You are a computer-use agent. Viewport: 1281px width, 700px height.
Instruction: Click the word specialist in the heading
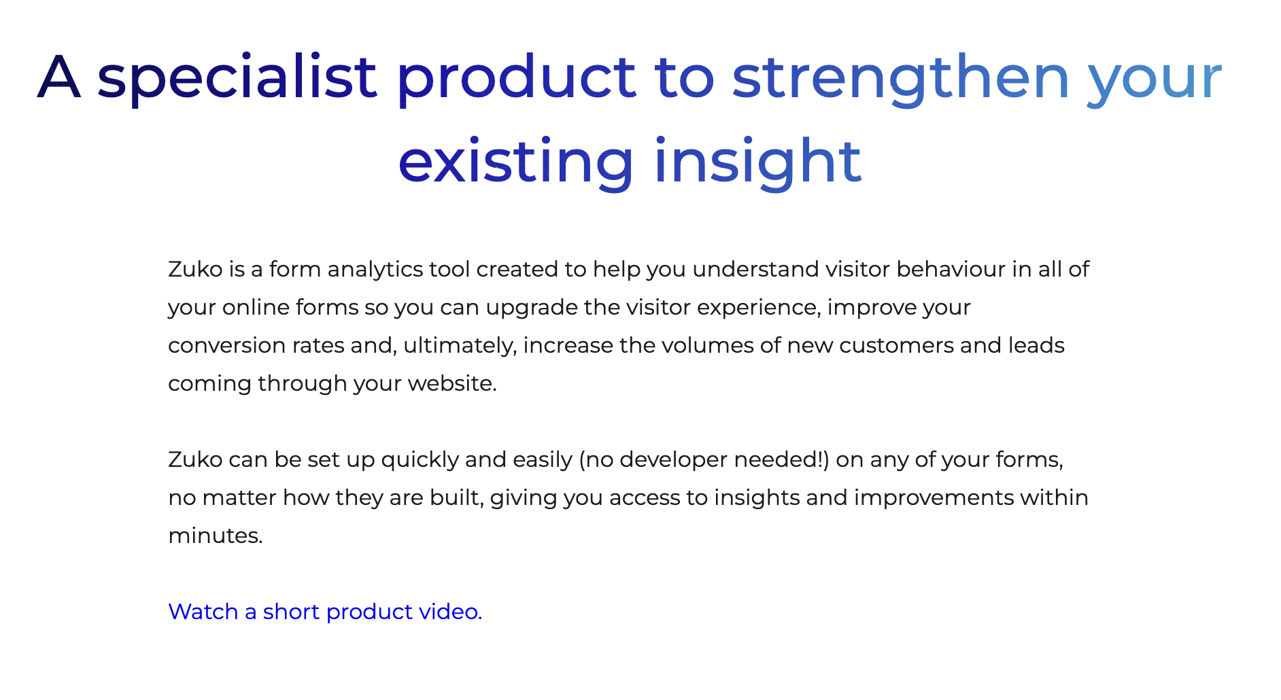(237, 77)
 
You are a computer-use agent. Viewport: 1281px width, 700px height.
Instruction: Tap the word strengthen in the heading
(901, 77)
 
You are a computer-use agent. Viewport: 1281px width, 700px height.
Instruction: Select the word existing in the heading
(515, 162)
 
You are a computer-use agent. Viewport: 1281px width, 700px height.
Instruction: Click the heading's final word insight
(757, 162)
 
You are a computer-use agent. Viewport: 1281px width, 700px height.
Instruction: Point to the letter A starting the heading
(58, 77)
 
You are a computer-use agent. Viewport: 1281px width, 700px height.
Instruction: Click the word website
(451, 384)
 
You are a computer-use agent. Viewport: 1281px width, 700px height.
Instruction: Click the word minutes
(215, 536)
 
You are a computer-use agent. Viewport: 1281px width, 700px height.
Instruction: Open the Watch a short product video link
(325, 612)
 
